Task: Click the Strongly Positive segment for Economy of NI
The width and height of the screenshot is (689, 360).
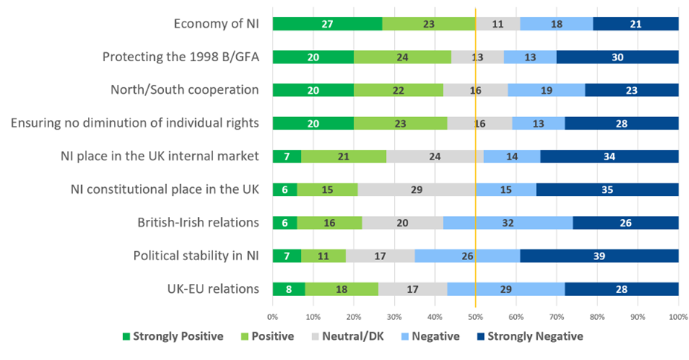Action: tap(327, 24)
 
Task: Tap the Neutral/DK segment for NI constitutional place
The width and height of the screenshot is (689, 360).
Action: tap(416, 189)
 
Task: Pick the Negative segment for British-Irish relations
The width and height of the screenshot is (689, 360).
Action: tap(508, 223)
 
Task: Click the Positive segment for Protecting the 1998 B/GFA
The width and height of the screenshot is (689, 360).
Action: tap(402, 57)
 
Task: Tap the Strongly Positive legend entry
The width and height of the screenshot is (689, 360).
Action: tap(171, 336)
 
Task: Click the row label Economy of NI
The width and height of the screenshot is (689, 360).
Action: tap(216, 24)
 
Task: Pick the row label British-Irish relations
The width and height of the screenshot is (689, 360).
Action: tap(198, 223)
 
